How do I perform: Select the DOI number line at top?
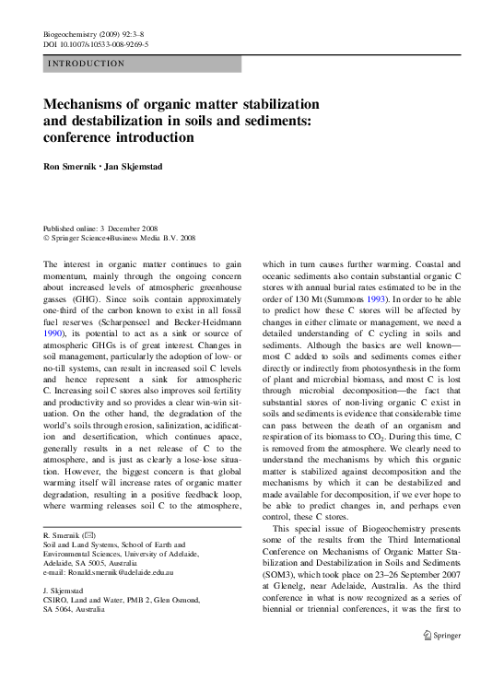97,43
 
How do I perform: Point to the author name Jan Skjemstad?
137,169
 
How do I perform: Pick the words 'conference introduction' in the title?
119,137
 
